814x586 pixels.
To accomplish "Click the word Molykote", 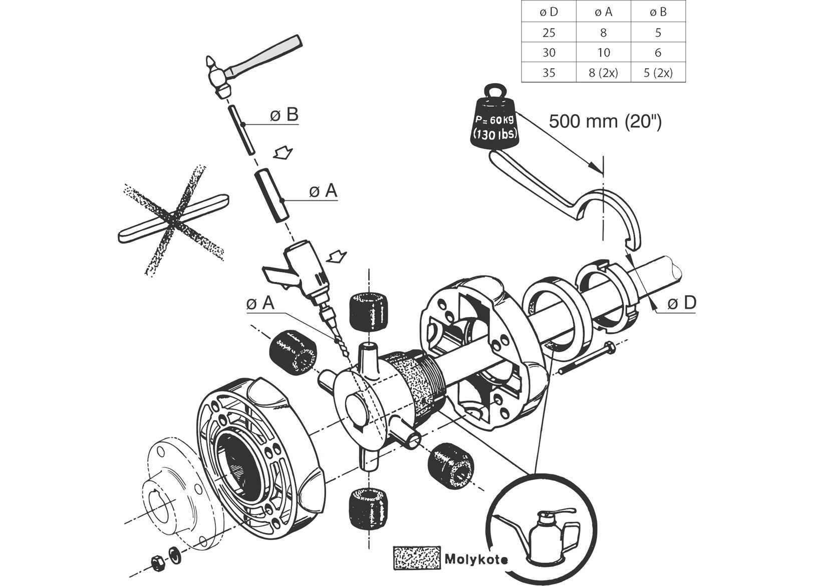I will click(475, 559).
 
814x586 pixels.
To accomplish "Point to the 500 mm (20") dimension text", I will click(605, 121).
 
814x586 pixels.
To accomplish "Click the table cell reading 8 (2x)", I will click(603, 73).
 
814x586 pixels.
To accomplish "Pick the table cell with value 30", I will click(549, 53).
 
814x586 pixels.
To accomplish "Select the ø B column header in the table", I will click(658, 12).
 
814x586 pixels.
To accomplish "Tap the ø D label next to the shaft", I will click(682, 303).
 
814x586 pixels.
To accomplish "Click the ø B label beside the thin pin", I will click(284, 115).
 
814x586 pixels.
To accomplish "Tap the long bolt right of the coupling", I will click(586, 358).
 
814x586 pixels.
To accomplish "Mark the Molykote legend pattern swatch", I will click(416, 557).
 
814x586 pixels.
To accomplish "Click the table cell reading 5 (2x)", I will click(658, 73).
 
